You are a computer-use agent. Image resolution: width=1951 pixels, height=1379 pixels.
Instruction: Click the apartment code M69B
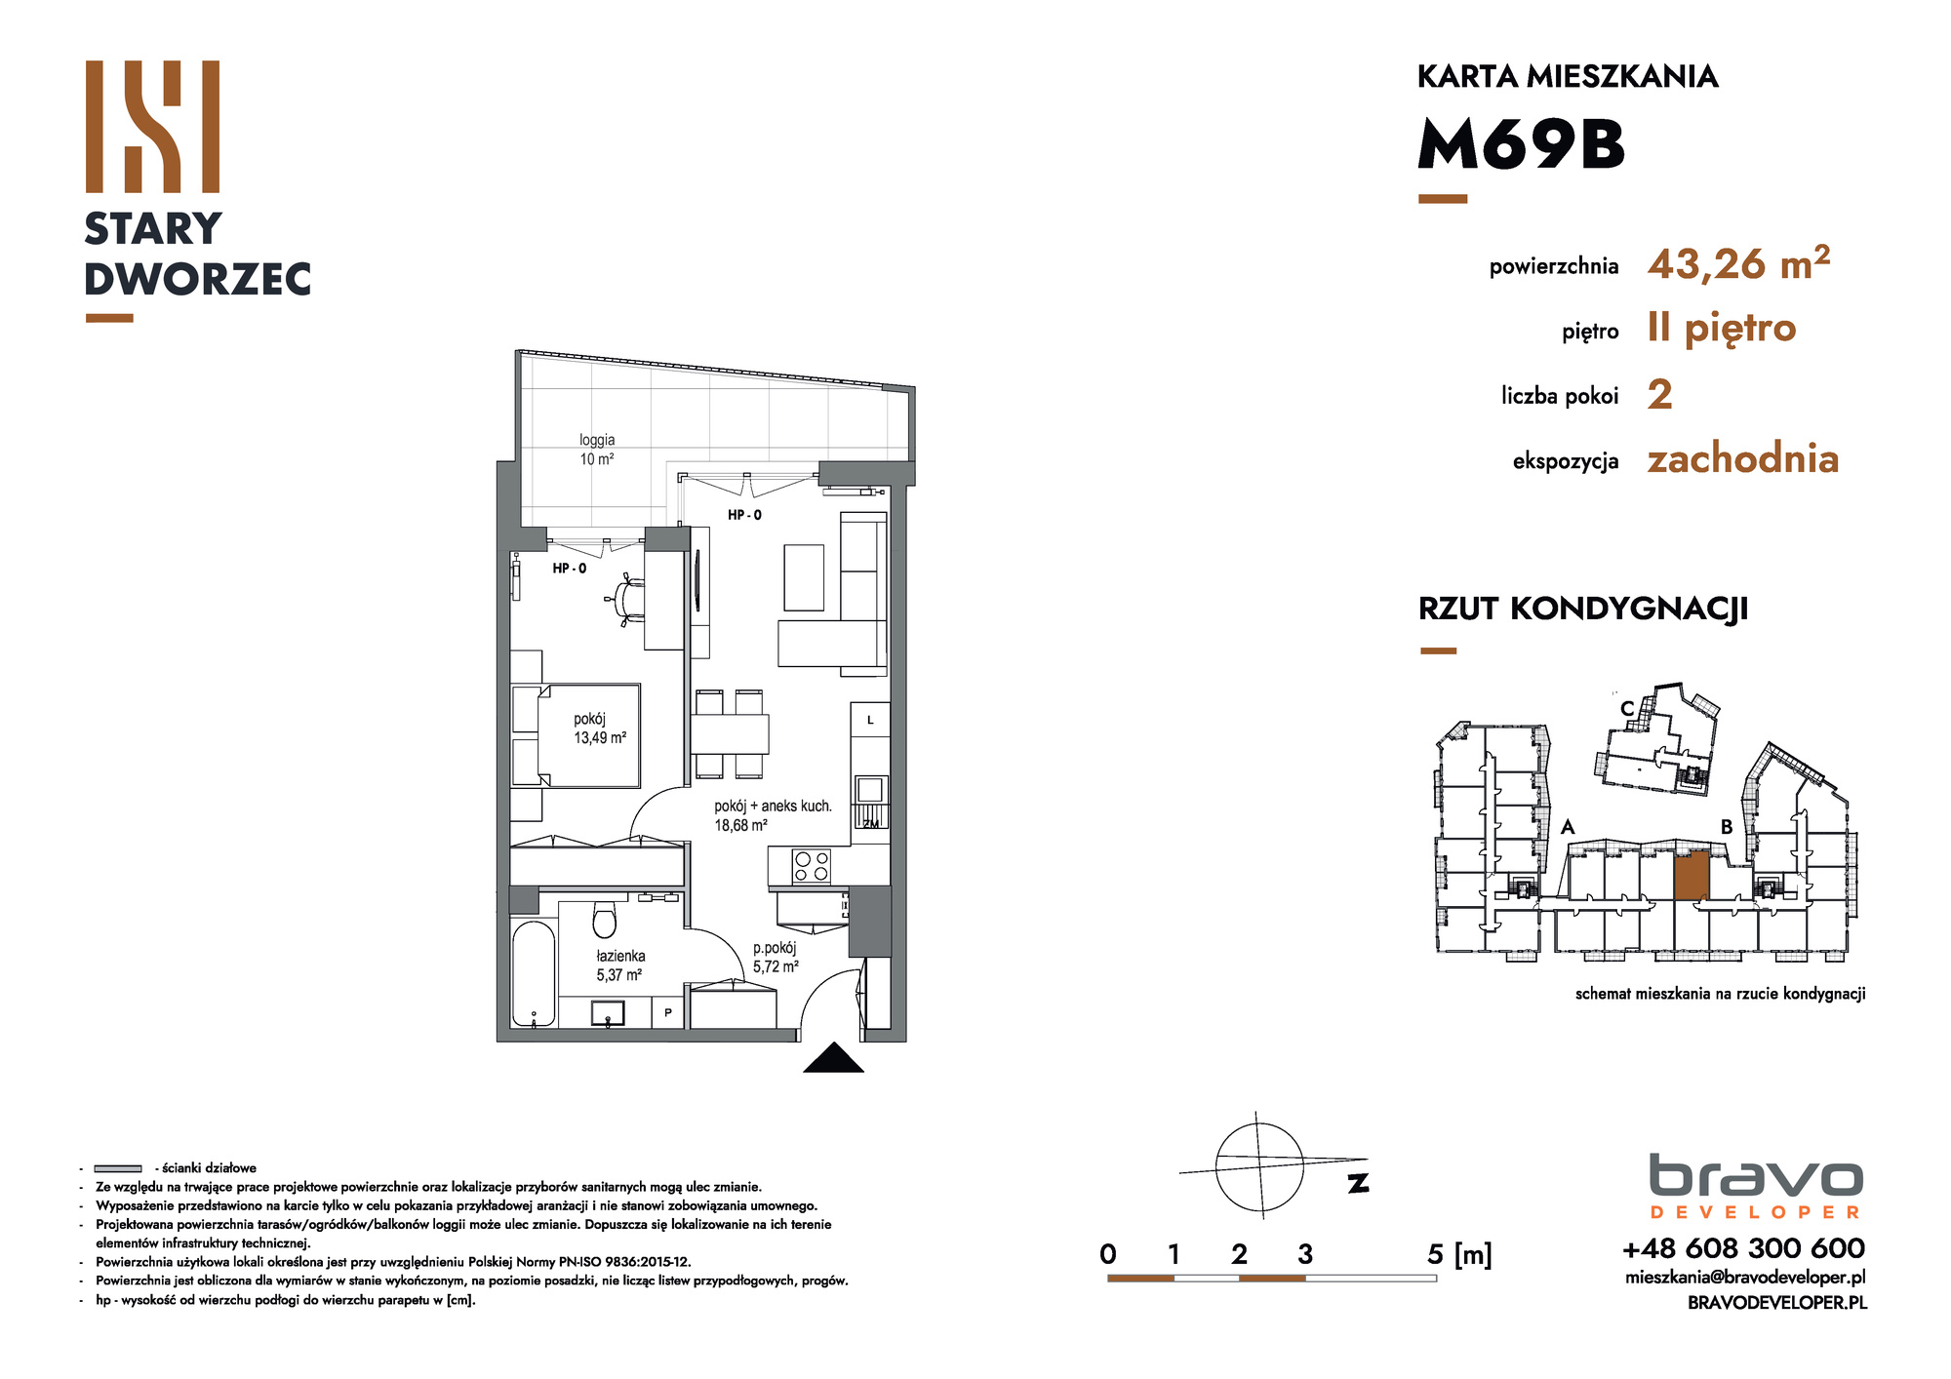click(1521, 144)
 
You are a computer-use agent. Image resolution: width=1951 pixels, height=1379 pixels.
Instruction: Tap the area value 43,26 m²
click(1738, 263)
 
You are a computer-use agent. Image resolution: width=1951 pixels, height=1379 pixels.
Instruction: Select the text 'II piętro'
click(1722, 330)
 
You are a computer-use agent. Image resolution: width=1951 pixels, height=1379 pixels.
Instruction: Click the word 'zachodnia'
click(1743, 458)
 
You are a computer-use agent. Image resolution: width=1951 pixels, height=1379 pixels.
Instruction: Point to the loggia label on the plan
click(597, 450)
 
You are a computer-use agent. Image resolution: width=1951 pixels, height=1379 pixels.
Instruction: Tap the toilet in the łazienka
click(605, 919)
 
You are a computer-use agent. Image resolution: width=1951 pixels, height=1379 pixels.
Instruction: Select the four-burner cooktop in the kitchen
click(812, 866)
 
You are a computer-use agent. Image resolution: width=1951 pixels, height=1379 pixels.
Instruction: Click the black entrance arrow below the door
click(833, 1058)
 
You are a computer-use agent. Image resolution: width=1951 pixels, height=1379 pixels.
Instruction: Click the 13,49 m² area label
click(600, 738)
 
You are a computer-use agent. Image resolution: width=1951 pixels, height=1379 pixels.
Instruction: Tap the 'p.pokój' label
click(775, 948)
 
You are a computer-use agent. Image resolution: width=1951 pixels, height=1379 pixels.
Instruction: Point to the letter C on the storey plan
click(1627, 709)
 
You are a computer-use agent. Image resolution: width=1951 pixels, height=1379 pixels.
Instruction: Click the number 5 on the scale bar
click(1435, 1254)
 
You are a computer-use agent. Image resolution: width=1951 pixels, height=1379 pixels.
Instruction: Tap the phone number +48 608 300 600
click(1743, 1248)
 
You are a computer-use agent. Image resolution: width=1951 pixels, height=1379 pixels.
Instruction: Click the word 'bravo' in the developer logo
click(1756, 1176)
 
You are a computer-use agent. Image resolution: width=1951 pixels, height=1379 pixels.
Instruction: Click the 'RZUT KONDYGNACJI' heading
click(1583, 609)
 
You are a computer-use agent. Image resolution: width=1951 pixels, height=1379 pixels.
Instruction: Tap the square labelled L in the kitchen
click(870, 721)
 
